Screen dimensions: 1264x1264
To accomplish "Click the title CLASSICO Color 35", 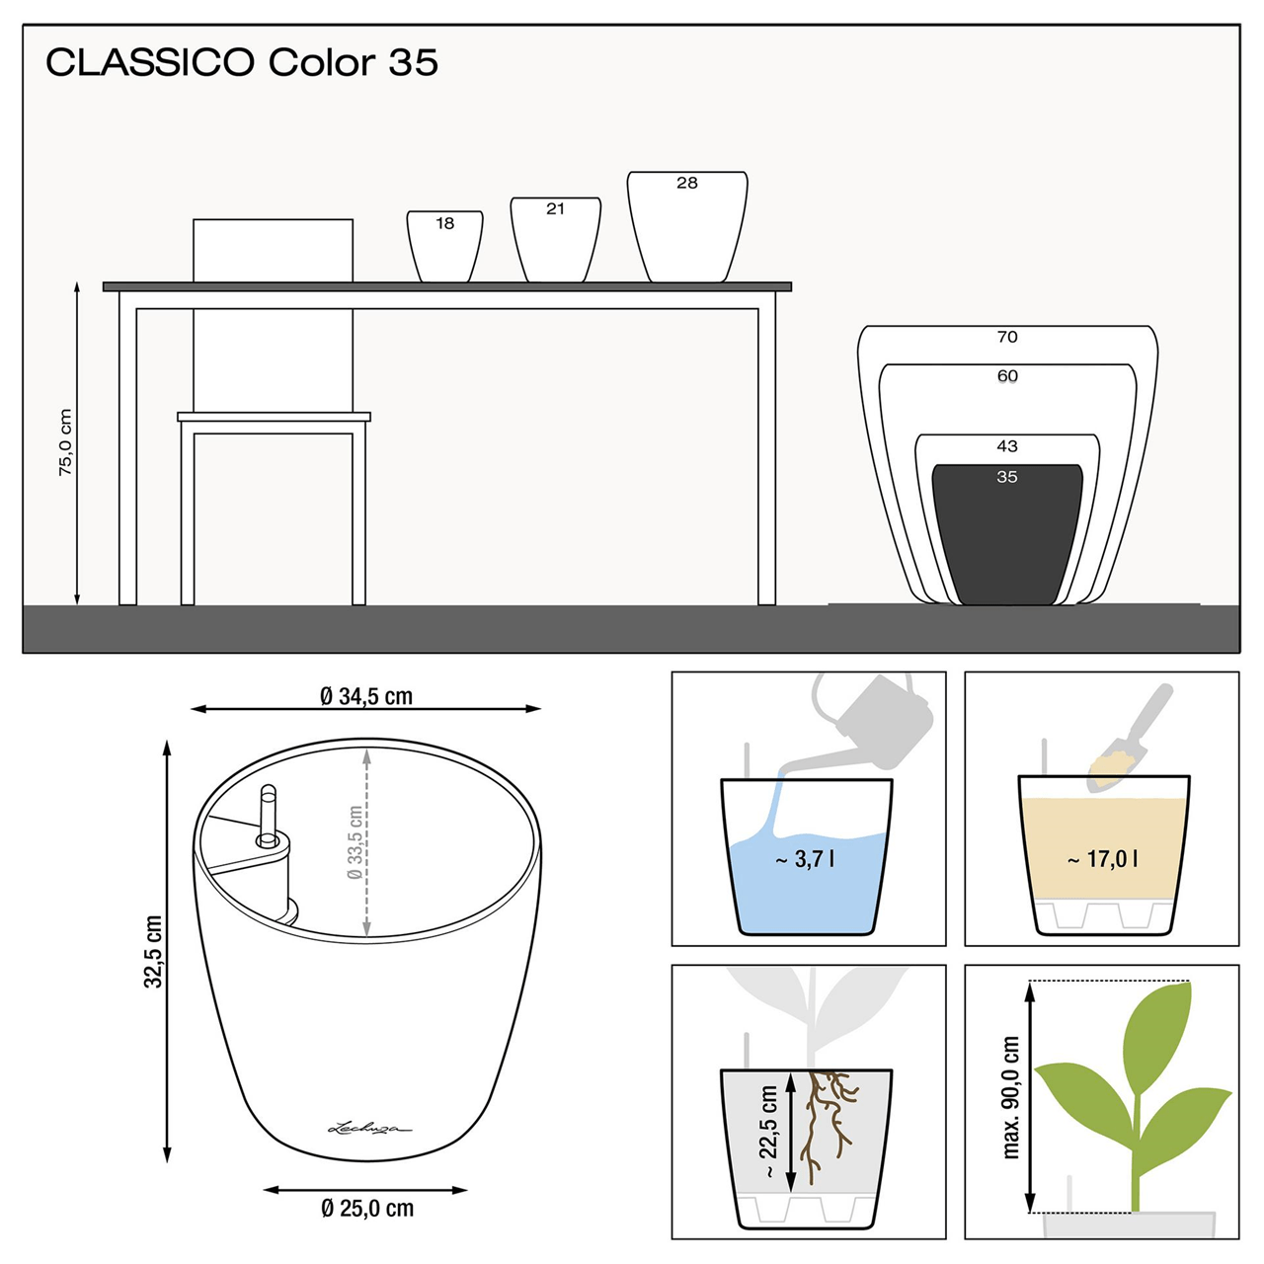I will [242, 62].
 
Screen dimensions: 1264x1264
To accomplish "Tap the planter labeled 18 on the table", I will [444, 249].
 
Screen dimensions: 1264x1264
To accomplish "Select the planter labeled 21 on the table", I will [555, 242].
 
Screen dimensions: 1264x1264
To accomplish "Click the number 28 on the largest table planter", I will [687, 183].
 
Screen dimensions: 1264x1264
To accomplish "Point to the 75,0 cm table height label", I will [65, 442].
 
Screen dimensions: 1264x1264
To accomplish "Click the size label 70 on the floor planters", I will [1007, 337].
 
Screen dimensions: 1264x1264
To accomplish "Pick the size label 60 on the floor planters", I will [1007, 376].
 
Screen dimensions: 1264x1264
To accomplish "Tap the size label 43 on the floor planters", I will [1007, 446].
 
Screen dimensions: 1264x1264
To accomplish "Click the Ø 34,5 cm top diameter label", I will [366, 696].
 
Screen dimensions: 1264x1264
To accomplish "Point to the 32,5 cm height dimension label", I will [153, 951].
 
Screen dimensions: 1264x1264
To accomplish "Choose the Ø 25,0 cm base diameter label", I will [367, 1209].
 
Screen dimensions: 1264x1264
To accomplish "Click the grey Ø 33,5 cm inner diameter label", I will [355, 842].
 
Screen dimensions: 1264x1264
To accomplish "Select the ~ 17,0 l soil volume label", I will [1102, 859].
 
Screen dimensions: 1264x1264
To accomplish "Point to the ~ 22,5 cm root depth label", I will [769, 1132].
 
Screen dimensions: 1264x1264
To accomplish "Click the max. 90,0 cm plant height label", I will [1010, 1097].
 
